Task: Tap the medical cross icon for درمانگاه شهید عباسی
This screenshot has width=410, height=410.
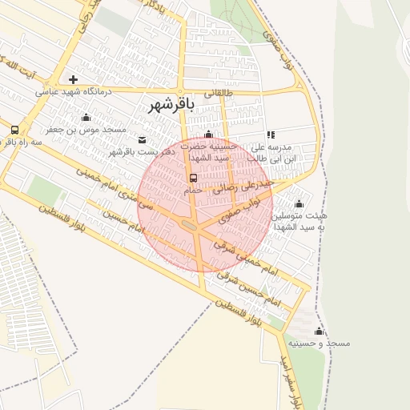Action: (x=73, y=79)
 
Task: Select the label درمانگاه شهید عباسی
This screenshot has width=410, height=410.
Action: (x=73, y=92)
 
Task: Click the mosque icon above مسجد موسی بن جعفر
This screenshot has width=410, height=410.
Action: (x=86, y=117)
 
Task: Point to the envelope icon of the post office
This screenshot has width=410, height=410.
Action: (x=143, y=140)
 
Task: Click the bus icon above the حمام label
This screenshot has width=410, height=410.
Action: (x=192, y=178)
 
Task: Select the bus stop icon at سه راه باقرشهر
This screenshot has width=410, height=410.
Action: (x=14, y=130)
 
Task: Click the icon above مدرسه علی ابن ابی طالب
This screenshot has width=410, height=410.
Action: (x=271, y=135)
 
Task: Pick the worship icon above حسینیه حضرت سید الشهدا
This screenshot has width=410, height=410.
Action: (x=209, y=135)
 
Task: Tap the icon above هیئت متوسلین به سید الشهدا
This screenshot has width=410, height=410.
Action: (x=299, y=203)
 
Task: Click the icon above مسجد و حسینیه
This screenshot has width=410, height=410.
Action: (x=319, y=331)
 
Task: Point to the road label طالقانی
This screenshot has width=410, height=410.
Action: (x=221, y=93)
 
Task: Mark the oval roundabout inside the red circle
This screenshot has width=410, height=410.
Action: (x=191, y=227)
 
